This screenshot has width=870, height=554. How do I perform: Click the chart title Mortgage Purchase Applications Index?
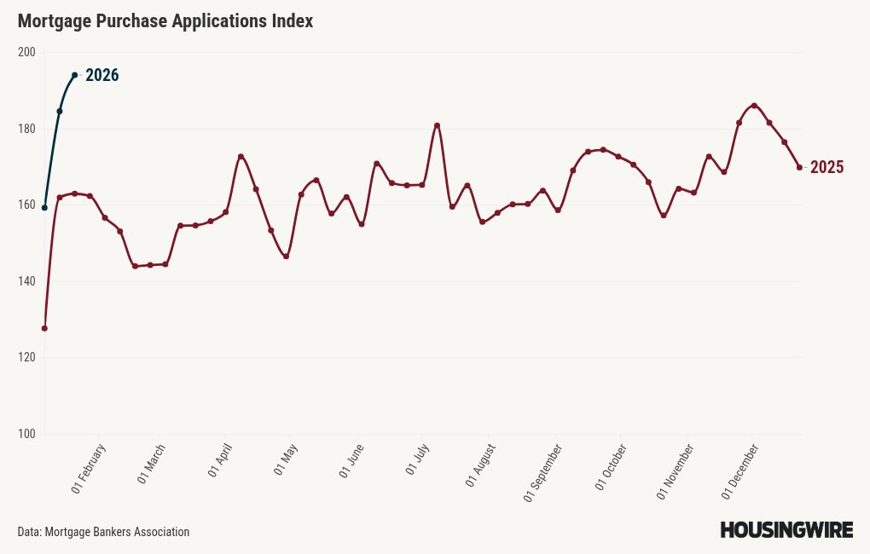click(165, 21)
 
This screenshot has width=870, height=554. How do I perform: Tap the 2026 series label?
click(101, 76)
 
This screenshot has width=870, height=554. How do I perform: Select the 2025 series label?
click(826, 168)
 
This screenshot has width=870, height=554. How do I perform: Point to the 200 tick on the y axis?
click(26, 52)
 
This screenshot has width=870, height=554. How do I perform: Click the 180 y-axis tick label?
click(26, 129)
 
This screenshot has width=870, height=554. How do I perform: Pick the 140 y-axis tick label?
click(26, 281)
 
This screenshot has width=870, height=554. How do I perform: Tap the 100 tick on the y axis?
click(26, 434)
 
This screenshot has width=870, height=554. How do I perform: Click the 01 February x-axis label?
click(89, 469)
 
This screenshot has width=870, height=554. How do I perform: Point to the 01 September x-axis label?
click(542, 473)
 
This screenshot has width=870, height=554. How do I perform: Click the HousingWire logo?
click(786, 530)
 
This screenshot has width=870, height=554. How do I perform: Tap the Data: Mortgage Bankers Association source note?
click(103, 532)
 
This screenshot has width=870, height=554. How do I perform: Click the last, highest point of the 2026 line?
click(75, 75)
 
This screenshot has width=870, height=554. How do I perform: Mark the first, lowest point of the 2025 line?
click(44, 328)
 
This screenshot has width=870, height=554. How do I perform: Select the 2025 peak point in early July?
click(437, 125)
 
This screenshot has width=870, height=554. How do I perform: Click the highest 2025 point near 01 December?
click(754, 106)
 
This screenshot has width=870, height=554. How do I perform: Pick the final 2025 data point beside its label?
click(799, 167)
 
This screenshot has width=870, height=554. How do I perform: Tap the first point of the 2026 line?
click(44, 207)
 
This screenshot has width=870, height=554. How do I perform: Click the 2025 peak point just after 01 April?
click(241, 157)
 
